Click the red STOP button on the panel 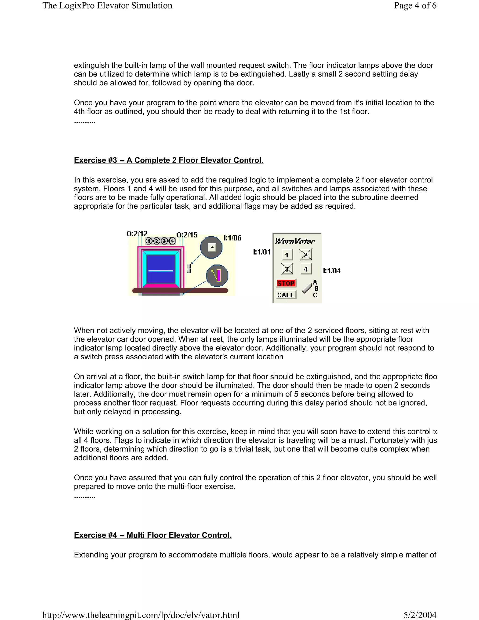tap(286, 283)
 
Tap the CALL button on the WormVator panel tap(286, 295)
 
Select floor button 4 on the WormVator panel tap(306, 269)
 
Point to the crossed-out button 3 tap(287, 269)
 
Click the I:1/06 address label tap(232, 238)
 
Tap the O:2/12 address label tap(137, 234)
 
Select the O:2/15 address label tap(187, 235)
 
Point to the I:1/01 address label tap(262, 252)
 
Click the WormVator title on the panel tap(295, 241)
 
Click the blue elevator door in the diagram tap(161, 269)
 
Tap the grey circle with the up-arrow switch tap(211, 247)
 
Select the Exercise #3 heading tap(169, 160)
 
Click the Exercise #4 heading tap(153, 535)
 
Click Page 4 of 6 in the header tap(415, 6)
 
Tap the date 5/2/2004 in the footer tap(420, 615)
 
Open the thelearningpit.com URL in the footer tap(141, 615)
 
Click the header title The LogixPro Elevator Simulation tap(107, 6)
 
